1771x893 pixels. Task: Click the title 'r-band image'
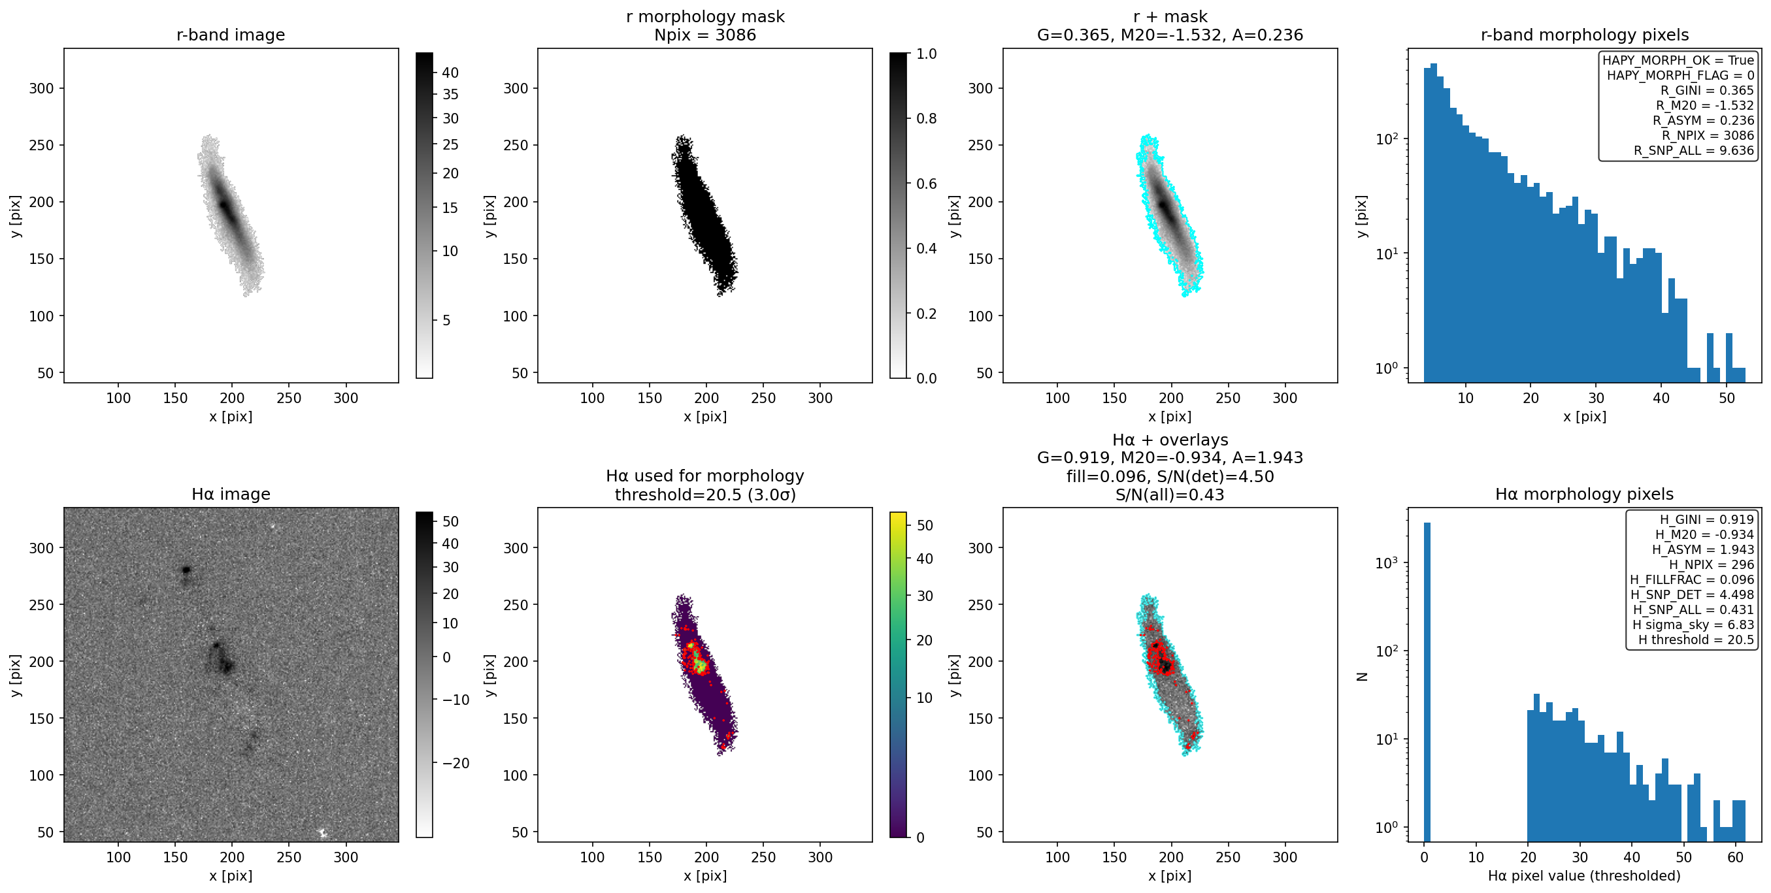[230, 35]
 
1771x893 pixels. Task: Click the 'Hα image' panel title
[230, 494]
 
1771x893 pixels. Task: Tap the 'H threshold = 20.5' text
[1695, 640]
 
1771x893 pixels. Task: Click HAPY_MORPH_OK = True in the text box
[1678, 60]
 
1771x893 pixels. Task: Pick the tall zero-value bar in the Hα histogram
[1427, 681]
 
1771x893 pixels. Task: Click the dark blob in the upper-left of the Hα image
[186, 570]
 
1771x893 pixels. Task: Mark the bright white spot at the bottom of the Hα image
[322, 832]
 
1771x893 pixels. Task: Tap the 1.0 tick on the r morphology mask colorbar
[926, 54]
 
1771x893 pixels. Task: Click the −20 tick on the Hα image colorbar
[451, 763]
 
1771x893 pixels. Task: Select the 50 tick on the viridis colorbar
[925, 525]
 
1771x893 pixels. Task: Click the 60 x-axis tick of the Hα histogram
[1735, 857]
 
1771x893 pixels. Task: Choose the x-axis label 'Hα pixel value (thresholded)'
[1584, 875]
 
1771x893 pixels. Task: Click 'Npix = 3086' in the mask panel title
[704, 35]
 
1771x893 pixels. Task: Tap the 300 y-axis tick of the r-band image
[41, 88]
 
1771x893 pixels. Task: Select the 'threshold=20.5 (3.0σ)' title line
[704, 495]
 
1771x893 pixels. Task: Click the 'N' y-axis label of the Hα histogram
[1361, 677]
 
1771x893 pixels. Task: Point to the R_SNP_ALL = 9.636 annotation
[1693, 150]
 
